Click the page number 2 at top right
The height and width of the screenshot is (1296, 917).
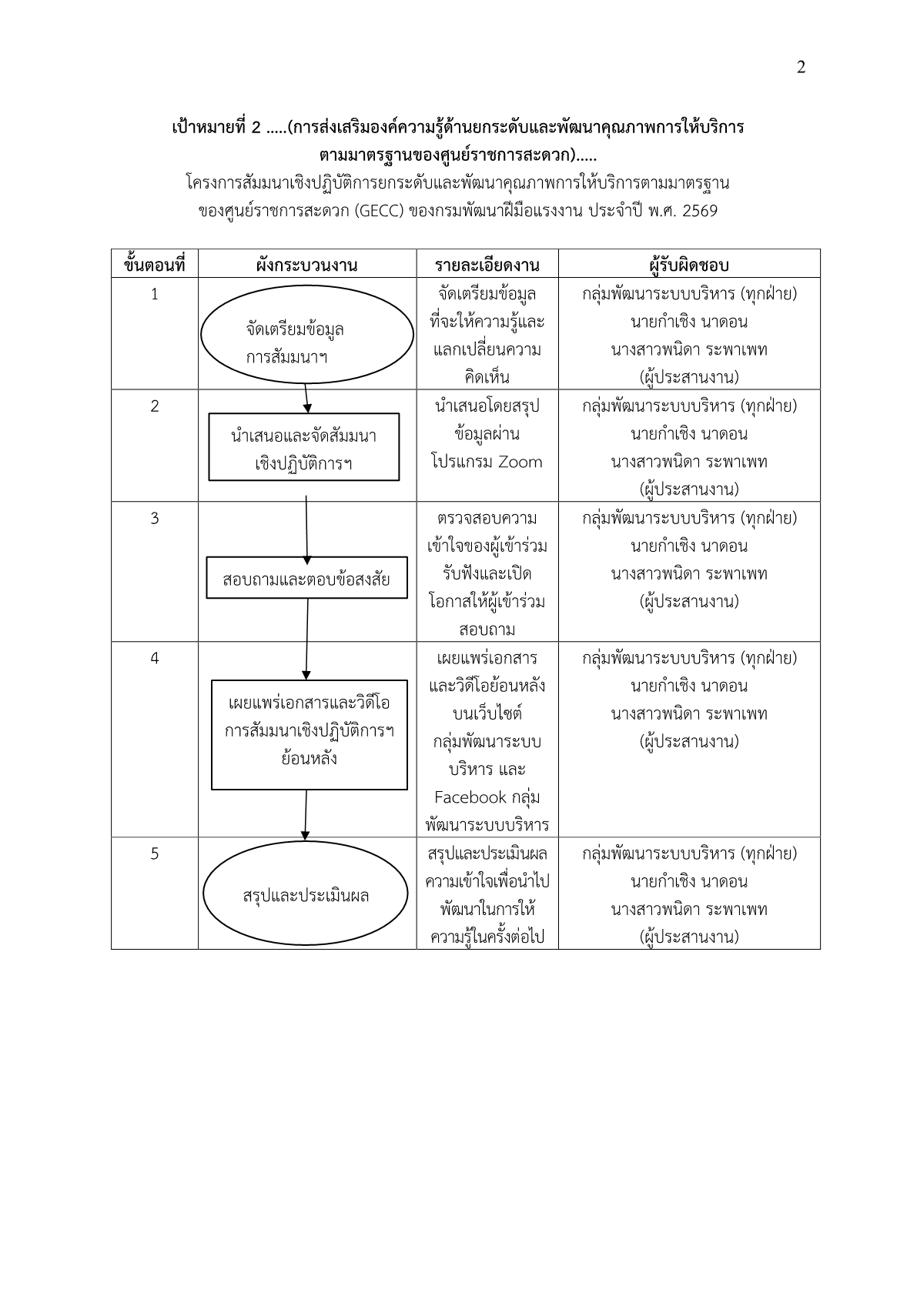(801, 68)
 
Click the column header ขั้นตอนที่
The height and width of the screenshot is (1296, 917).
(155, 265)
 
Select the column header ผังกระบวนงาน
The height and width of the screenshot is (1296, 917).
(306, 265)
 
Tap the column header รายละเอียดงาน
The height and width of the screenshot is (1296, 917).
(487, 265)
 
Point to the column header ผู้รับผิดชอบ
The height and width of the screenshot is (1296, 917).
(688, 265)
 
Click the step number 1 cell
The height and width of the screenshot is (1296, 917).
(155, 294)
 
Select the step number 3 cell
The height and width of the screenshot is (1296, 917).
(155, 518)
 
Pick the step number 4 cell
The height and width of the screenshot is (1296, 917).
(155, 658)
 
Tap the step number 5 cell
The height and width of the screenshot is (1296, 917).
(155, 853)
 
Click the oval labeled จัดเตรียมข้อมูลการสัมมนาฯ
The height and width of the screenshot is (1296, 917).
(306, 335)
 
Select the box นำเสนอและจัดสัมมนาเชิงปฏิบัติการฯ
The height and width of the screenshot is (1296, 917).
(304, 447)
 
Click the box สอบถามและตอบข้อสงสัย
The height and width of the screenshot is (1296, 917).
(306, 578)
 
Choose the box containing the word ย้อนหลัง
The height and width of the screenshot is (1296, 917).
(309, 734)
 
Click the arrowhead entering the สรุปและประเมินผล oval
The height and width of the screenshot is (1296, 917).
(306, 835)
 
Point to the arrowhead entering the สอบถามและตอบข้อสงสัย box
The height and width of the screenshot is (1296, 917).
(307, 560)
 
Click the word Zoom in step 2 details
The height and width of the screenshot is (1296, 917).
(520, 463)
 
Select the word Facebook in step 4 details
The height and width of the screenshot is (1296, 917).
(470, 797)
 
